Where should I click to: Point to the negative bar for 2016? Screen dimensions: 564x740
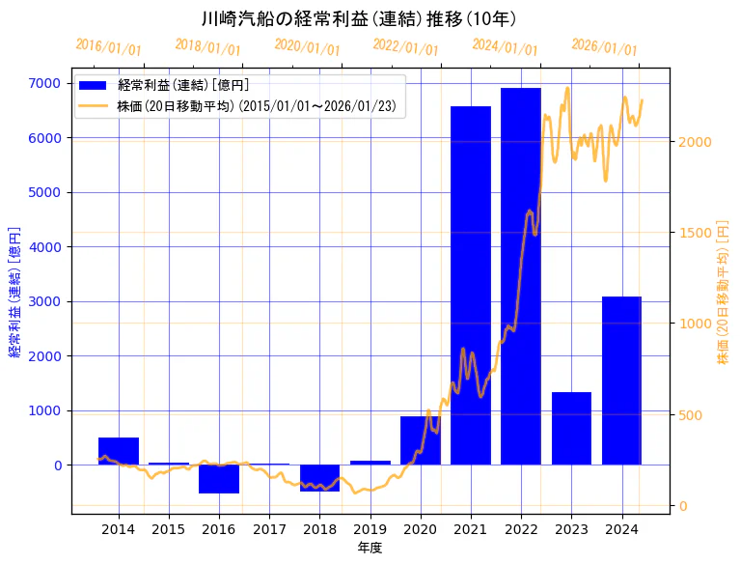tap(219, 479)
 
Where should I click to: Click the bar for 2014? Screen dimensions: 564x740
tap(119, 451)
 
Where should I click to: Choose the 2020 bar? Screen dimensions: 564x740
tap(421, 440)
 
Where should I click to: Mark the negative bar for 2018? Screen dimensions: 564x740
tap(319, 478)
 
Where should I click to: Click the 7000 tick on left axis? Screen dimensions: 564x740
tap(46, 83)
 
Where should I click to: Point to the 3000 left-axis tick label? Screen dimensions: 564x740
tap(46, 301)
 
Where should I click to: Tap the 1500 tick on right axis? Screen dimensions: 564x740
tap(695, 233)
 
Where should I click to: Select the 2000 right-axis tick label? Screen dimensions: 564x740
tap(695, 142)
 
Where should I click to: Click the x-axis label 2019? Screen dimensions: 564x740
tap(370, 529)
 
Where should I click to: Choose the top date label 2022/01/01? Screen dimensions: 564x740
tap(405, 47)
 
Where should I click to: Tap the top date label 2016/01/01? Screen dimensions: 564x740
tap(108, 47)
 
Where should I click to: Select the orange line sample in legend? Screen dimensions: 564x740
tap(95, 105)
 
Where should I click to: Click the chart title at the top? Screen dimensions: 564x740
tap(359, 18)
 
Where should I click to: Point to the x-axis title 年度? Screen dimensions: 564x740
tap(370, 548)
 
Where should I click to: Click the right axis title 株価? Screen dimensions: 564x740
tap(723, 290)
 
